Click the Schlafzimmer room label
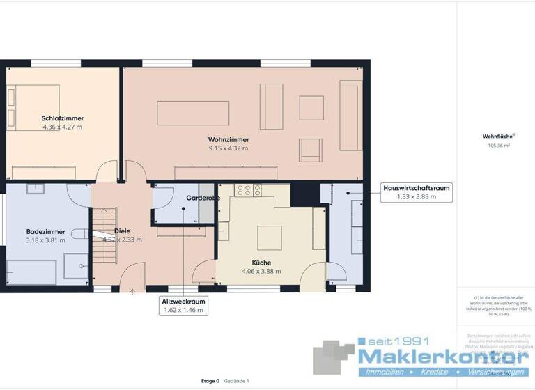click(62, 118)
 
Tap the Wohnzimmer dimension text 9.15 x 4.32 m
click(228, 148)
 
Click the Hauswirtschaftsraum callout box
click(416, 192)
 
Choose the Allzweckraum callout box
click(183, 305)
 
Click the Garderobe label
click(203, 198)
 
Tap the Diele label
click(123, 231)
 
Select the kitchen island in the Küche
click(270, 237)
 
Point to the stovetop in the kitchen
click(247, 189)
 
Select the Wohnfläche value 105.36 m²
click(499, 146)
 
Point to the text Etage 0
click(209, 381)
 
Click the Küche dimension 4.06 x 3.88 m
click(261, 271)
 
